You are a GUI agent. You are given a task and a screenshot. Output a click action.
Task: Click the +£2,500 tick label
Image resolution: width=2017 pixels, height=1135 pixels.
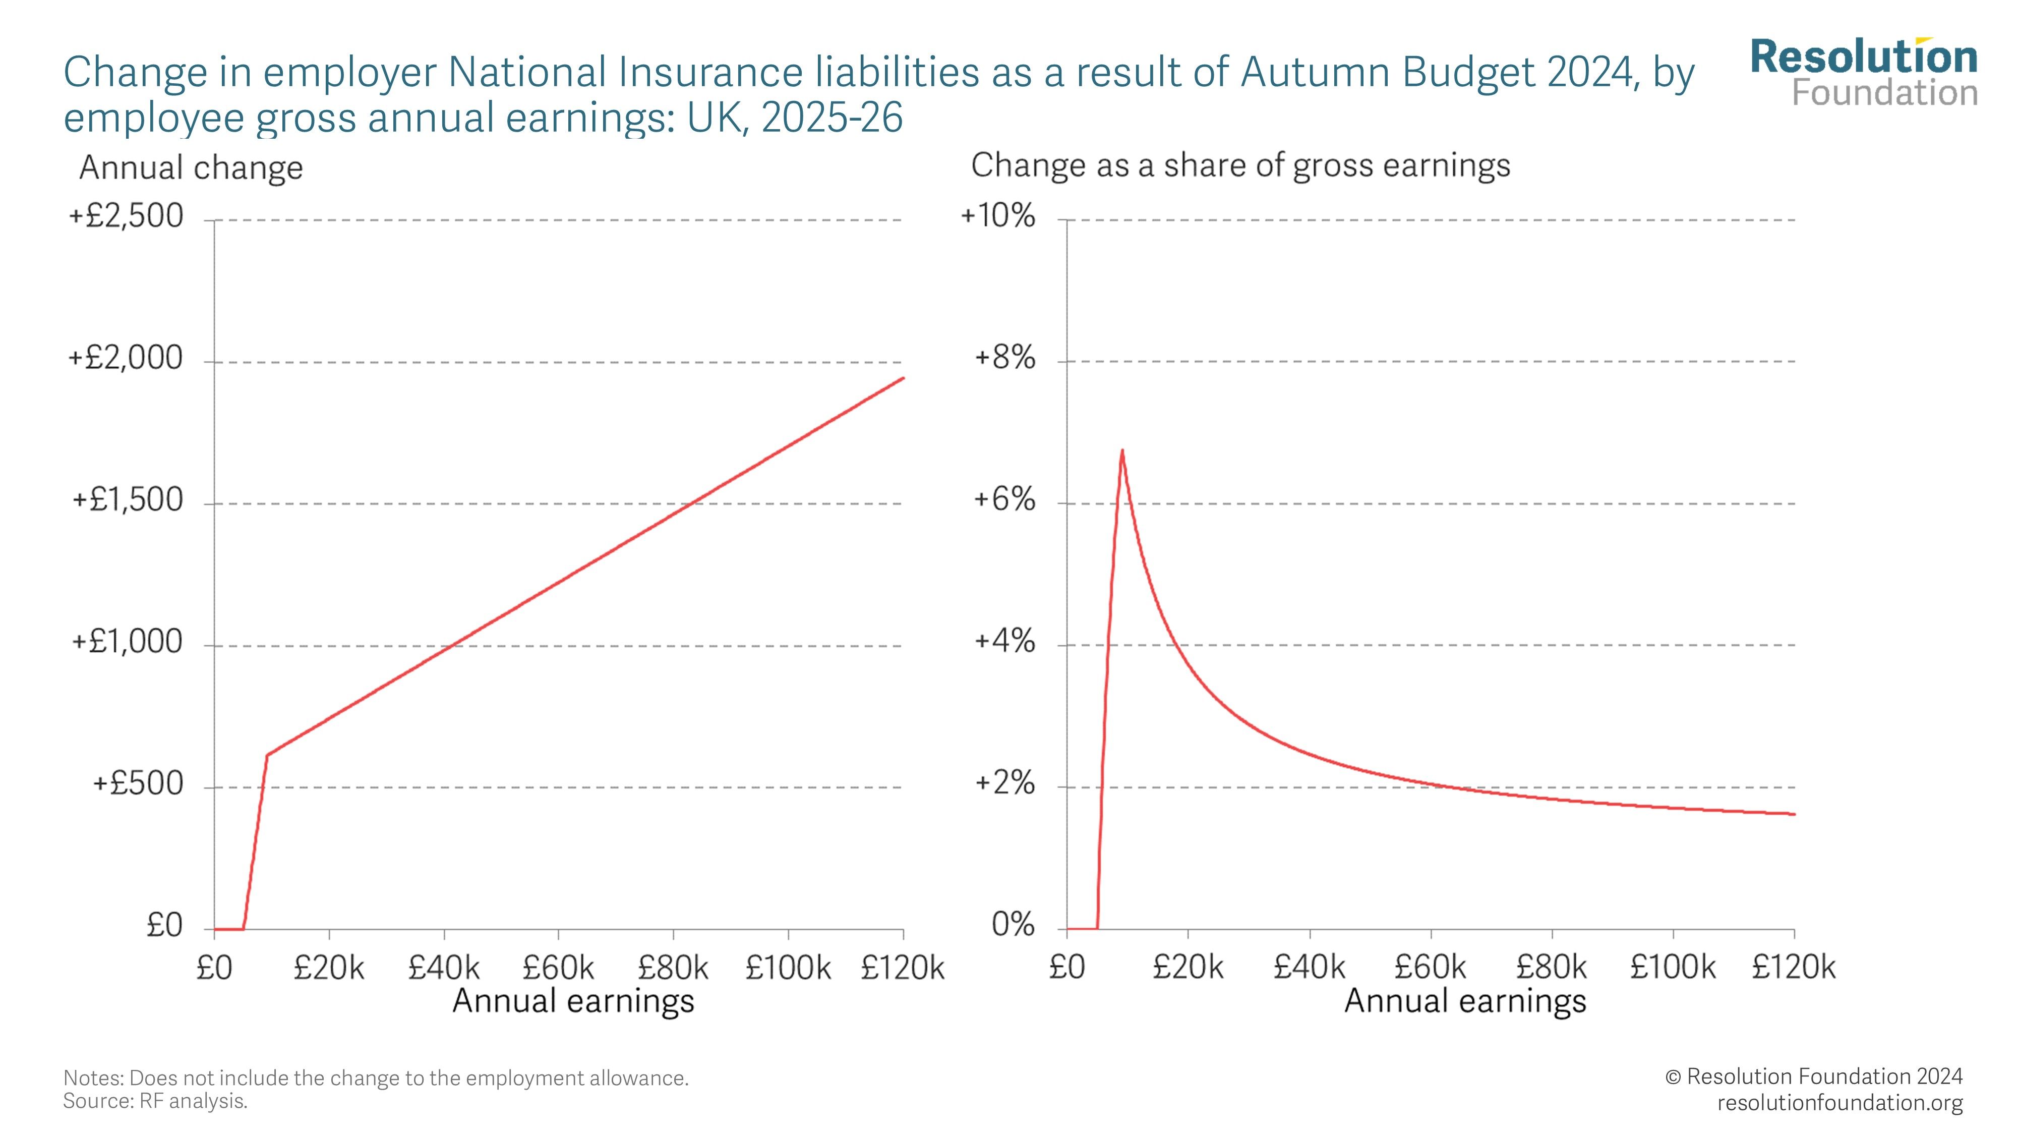pos(126,216)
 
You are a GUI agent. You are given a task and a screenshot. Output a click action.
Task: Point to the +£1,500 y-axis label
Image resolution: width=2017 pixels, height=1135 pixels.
pos(128,500)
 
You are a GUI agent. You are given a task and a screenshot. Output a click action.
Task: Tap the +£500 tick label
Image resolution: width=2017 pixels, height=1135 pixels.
pos(138,784)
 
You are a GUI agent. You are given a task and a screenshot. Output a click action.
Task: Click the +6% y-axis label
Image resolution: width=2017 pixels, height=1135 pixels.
pos(1004,500)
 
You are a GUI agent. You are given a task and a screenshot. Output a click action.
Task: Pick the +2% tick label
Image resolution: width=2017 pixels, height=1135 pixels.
pos(1004,783)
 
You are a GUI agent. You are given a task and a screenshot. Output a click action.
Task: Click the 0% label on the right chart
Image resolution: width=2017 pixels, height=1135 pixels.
pos(1013,925)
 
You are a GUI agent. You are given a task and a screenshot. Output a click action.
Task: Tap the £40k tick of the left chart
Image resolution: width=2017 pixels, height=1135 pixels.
pos(443,968)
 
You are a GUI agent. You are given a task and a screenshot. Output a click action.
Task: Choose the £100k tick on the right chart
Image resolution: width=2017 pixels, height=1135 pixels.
pos(1673,968)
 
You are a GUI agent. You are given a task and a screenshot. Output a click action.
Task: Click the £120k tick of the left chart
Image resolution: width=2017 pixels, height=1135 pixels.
pos(903,968)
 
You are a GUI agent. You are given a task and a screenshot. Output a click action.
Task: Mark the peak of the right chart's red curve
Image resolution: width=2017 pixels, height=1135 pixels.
pos(1122,450)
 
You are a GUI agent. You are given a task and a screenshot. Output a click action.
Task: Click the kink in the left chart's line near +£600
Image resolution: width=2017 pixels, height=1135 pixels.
pos(267,755)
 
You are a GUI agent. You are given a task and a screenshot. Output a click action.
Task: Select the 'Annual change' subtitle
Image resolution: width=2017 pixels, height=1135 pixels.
pos(191,167)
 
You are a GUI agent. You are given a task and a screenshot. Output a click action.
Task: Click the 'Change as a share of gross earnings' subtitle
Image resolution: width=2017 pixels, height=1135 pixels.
pos(1240,165)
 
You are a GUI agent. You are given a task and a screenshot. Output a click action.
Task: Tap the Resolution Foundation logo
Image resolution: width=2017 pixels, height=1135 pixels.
pos(1864,73)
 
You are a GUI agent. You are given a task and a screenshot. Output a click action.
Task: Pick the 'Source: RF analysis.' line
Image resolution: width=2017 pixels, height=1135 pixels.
pos(155,1101)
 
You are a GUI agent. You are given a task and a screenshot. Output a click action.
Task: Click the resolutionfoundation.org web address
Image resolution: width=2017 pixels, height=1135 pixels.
pos(1840,1103)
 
